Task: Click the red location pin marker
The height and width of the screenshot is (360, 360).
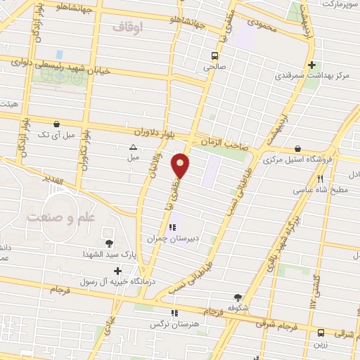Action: coord(181,166)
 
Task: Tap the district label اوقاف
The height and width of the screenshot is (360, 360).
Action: coord(127,27)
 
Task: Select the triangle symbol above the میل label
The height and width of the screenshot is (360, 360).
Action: coord(133,147)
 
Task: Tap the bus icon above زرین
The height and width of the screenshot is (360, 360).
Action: coord(321,333)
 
